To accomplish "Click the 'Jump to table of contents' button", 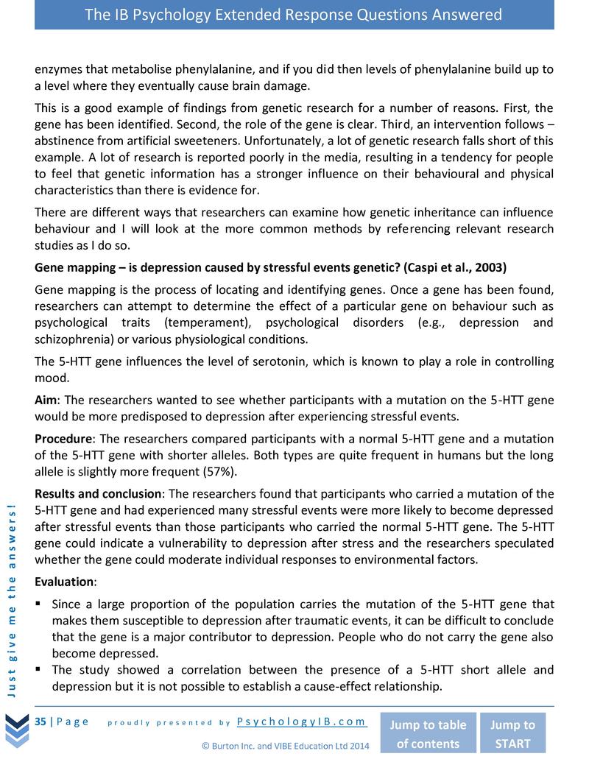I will click(427, 733).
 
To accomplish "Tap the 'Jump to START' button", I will click(512, 733).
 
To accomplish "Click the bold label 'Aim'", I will click(48, 400).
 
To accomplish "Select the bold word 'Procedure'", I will click(65, 439).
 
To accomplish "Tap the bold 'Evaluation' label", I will click(65, 582).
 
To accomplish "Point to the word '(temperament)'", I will click(200, 323).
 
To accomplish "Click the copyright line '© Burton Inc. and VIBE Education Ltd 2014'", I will click(286, 745).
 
